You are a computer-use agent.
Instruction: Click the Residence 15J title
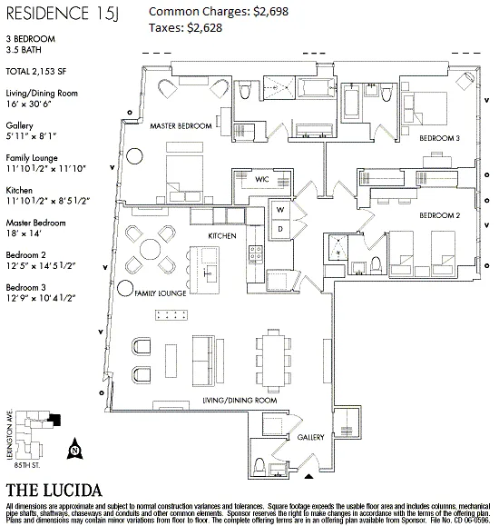point(63,13)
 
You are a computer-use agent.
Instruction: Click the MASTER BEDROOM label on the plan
point(181,125)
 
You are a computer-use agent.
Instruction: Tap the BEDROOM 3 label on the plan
point(440,137)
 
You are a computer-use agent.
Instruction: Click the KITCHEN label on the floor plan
point(222,236)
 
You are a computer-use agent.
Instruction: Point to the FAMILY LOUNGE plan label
point(160,294)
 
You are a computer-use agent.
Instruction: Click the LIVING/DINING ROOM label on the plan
point(239,400)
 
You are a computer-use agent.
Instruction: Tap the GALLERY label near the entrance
point(310,438)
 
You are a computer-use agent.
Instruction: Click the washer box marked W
point(281,209)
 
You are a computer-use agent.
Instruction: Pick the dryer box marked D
point(281,227)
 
